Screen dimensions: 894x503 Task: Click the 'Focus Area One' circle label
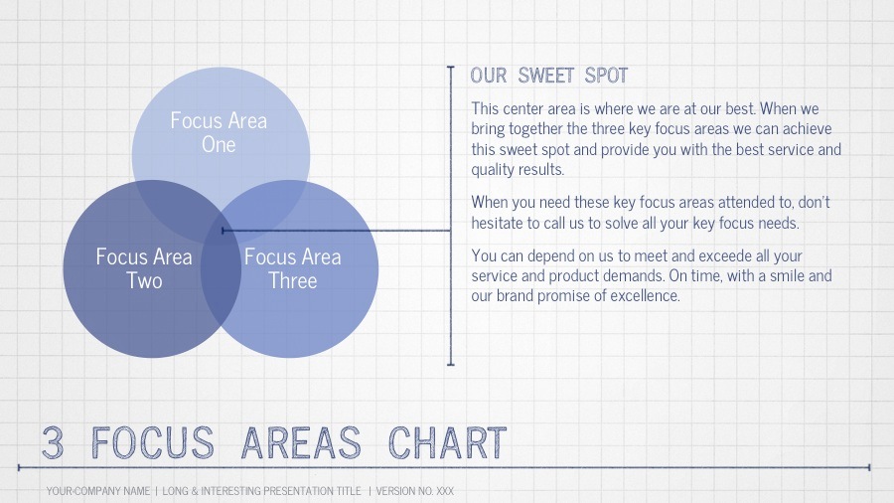pos(219,132)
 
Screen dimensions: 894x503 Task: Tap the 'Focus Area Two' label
pos(144,268)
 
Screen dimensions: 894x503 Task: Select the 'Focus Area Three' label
pos(292,268)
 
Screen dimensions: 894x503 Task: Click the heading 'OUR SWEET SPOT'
pos(549,76)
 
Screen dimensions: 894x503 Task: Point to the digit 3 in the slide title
pos(53,442)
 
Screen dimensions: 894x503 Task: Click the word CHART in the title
pos(447,442)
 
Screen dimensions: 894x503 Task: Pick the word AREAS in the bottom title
pos(301,442)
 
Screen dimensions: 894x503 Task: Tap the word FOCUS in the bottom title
pos(152,442)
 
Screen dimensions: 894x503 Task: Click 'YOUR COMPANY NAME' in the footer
pos(98,491)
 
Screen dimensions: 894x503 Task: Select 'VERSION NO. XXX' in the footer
pos(414,491)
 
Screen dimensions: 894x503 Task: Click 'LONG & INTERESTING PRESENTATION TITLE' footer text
pos(261,491)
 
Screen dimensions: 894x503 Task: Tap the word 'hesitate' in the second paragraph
pos(496,223)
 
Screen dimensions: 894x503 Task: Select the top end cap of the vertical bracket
pos(450,68)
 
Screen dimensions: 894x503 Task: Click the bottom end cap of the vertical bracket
pos(450,364)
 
